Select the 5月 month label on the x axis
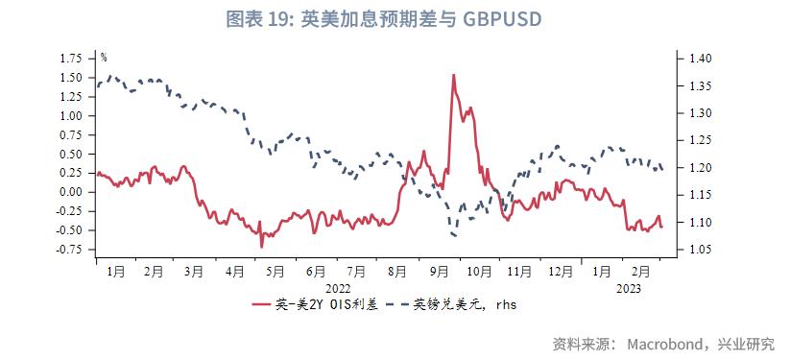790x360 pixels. [x=275, y=272]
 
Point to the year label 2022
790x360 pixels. [x=338, y=287]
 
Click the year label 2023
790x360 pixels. [x=628, y=287]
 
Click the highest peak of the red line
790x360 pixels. [x=452, y=75]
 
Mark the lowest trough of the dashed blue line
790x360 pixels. [x=454, y=235]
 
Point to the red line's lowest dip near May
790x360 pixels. [x=262, y=247]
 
